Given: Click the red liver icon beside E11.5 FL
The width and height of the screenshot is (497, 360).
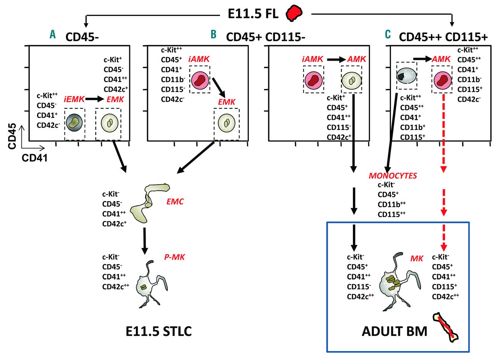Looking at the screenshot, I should coord(293,13).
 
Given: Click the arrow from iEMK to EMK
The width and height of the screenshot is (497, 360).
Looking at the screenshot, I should coord(95,99).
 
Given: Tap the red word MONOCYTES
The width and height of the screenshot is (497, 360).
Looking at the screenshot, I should coord(393,176).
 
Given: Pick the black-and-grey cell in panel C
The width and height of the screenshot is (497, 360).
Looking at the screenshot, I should coord(406,76).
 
